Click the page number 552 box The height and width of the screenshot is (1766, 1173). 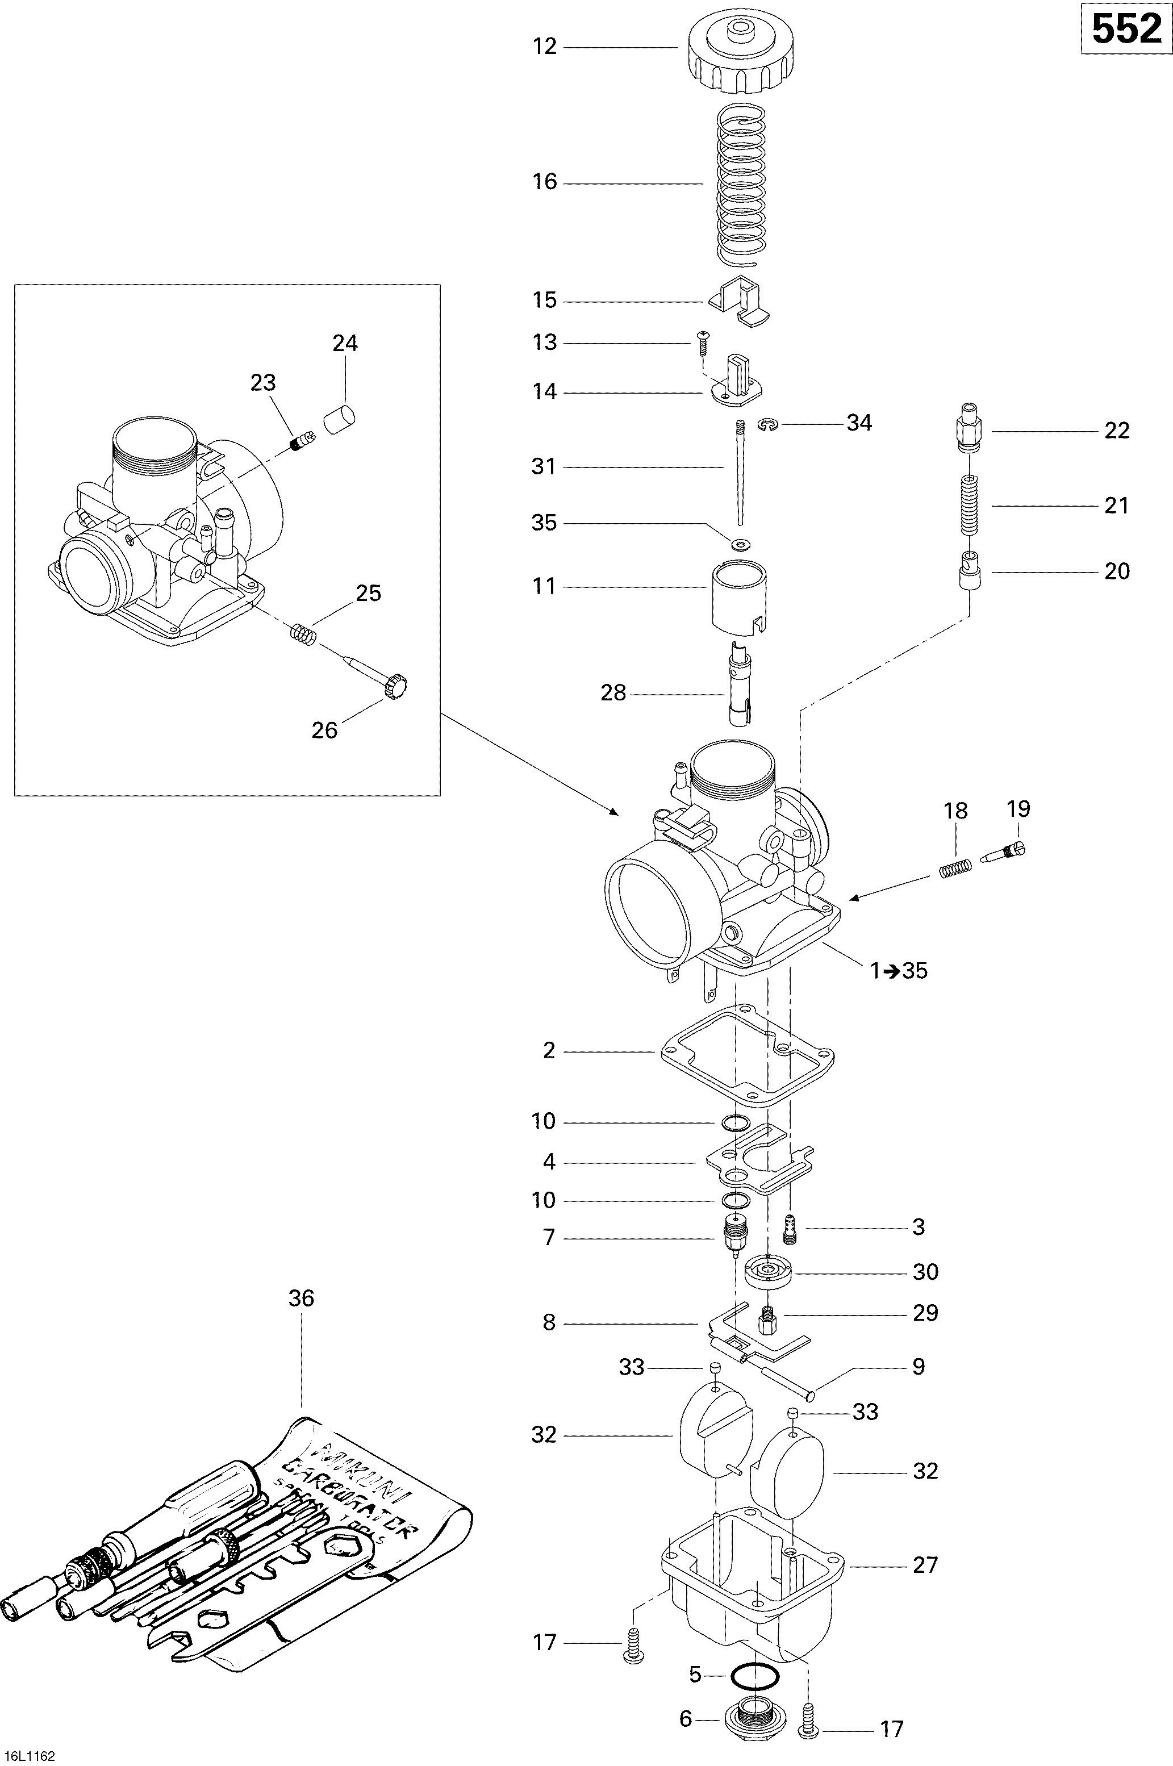[1126, 31]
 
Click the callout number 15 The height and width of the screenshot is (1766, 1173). [545, 300]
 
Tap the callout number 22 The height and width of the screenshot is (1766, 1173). [1116, 431]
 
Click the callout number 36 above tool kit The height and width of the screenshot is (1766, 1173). [302, 1298]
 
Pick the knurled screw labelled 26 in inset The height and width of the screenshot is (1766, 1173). [394, 684]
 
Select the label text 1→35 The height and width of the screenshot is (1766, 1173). [899, 971]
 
